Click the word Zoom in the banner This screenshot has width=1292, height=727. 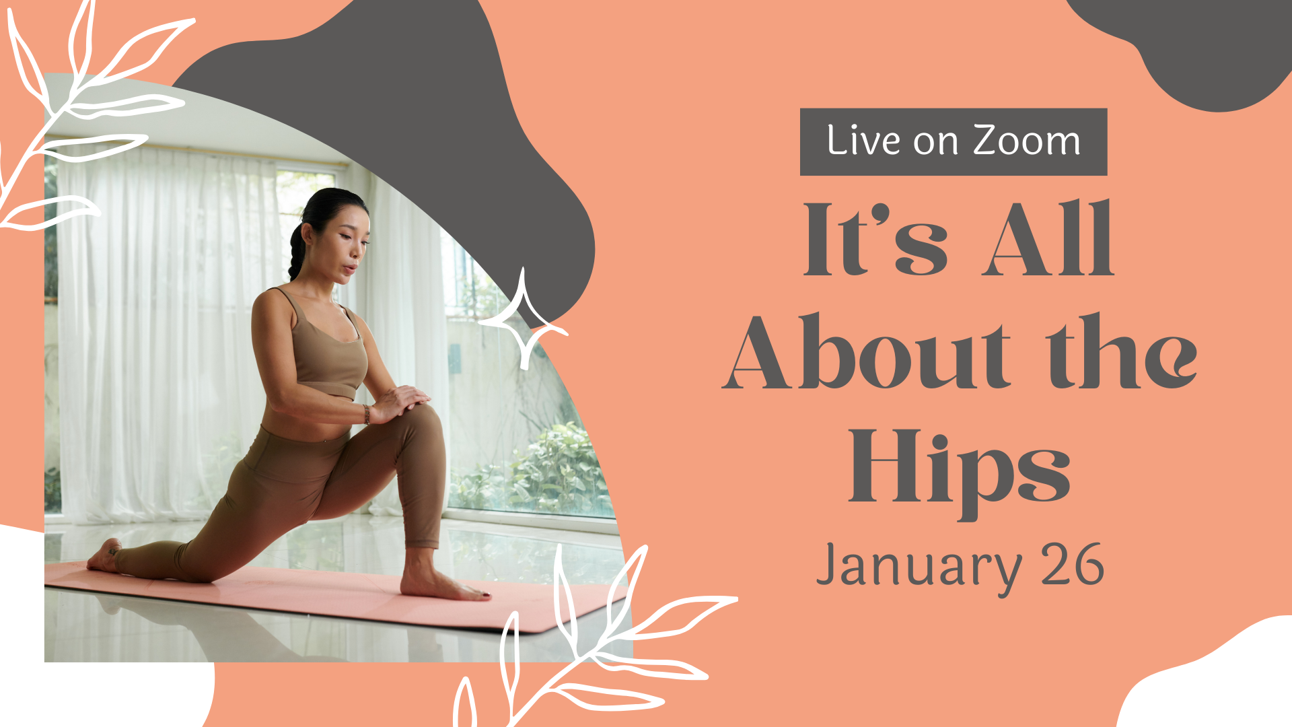1027,141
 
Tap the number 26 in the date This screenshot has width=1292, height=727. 1072,564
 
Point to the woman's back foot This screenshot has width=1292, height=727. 104,556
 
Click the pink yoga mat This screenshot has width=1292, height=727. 323,596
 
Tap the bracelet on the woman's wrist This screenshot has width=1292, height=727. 367,414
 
